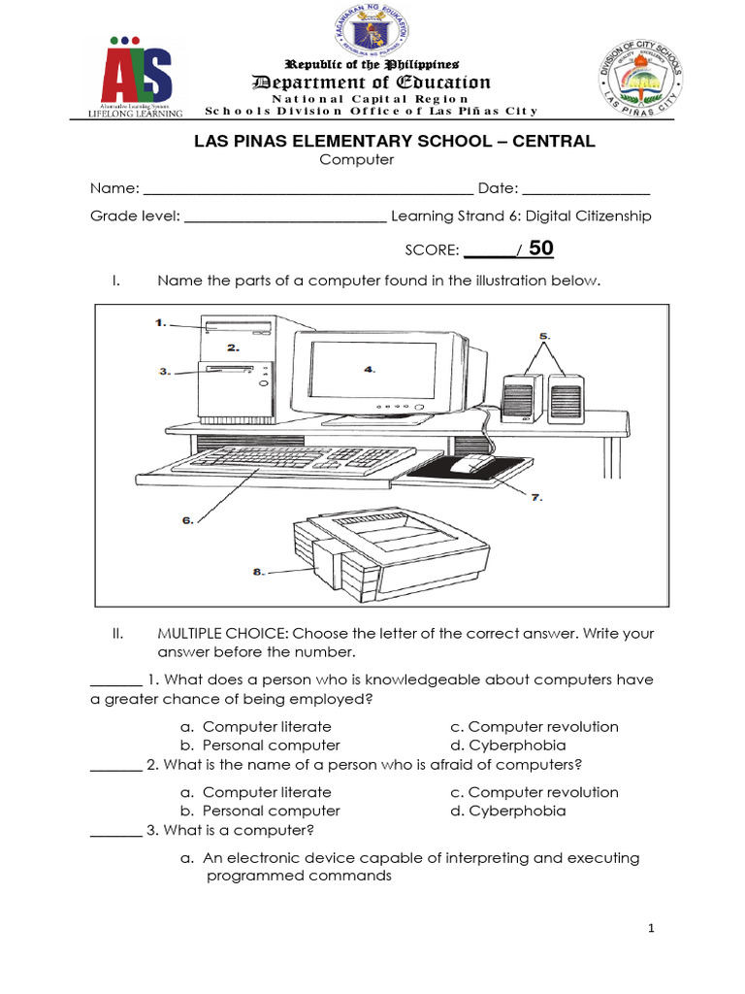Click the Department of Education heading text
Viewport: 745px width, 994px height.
[x=372, y=83]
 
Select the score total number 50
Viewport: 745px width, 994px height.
[x=541, y=248]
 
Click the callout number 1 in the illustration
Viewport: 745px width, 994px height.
[x=161, y=323]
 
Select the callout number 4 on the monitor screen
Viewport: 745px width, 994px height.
[x=369, y=369]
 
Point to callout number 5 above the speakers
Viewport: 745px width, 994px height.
[x=544, y=335]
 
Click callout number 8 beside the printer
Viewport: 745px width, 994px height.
[x=259, y=572]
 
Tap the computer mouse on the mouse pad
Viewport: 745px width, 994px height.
[x=471, y=463]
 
